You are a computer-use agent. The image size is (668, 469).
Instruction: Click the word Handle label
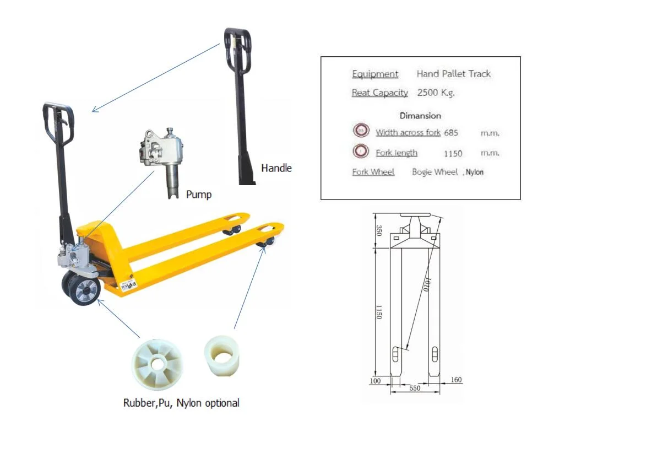(x=276, y=168)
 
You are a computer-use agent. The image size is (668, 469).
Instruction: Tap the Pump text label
(x=198, y=194)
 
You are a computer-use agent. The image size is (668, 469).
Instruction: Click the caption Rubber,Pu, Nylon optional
(x=181, y=403)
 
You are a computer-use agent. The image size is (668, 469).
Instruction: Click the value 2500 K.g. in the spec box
(x=436, y=93)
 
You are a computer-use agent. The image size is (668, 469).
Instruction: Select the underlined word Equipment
(x=375, y=74)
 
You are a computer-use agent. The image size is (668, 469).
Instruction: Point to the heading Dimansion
(x=420, y=116)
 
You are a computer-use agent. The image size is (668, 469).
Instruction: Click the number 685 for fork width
(x=450, y=133)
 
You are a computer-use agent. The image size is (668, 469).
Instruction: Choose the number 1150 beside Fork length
(x=453, y=153)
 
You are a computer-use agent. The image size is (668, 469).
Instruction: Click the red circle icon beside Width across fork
(x=361, y=131)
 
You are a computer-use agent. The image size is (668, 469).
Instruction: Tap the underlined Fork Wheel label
(x=373, y=172)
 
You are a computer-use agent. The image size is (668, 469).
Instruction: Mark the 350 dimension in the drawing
(x=378, y=230)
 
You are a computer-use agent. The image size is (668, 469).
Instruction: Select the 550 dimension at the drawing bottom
(x=415, y=388)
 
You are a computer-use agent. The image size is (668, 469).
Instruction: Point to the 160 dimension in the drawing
(x=456, y=380)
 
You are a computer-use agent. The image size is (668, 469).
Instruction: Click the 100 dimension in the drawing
(x=375, y=380)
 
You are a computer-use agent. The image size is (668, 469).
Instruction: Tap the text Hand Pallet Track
(x=453, y=74)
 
